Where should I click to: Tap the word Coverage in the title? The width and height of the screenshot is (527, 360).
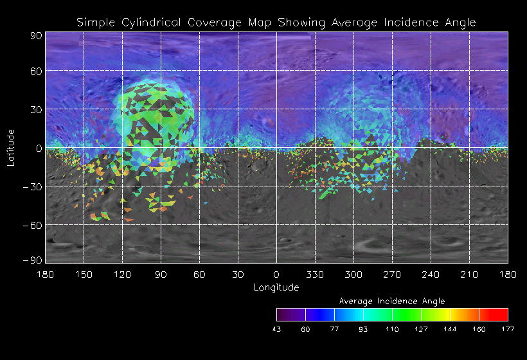coord(209,22)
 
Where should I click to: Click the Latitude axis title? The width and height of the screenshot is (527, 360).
coord(11,147)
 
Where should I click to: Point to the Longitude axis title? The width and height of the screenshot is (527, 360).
coord(276,287)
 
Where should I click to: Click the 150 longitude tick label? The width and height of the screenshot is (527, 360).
coord(84,274)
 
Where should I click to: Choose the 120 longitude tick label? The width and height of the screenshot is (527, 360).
coord(122,274)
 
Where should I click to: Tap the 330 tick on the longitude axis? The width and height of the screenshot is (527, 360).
coord(315,274)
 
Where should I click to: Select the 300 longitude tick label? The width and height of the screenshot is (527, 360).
coord(353,274)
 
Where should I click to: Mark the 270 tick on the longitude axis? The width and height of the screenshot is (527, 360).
coord(392,274)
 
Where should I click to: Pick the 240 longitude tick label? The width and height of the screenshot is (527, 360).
coord(431,274)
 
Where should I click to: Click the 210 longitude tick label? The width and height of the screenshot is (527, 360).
coord(469,274)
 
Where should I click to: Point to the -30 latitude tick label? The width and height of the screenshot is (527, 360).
coord(33,187)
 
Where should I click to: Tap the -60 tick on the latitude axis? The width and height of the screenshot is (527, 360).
coord(33,226)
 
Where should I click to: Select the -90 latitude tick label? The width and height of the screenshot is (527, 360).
coord(33,260)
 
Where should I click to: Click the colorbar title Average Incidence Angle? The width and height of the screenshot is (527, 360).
coord(392,301)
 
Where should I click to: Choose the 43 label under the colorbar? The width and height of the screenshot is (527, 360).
coord(277,328)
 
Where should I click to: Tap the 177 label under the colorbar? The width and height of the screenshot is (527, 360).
coord(508,328)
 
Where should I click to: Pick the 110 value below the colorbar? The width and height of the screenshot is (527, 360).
coord(392,328)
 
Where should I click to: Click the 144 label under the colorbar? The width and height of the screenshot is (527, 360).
coord(450,328)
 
